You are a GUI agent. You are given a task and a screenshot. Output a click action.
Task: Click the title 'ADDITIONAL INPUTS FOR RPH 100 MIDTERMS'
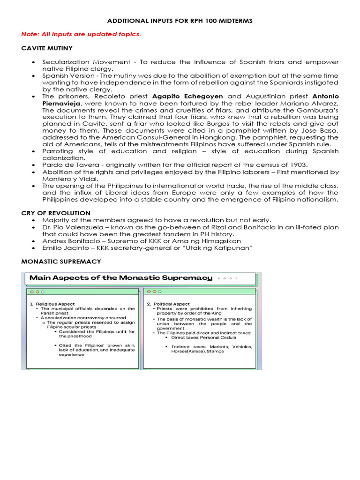pyautogui.click(x=180, y=22)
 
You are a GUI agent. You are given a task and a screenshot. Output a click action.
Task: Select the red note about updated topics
pyautogui.click(x=81, y=35)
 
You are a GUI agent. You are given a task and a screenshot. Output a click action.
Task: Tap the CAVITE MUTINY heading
pyautogui.click(x=47, y=48)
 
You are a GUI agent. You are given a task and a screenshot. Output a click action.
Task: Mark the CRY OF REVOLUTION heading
pyautogui.click(x=56, y=213)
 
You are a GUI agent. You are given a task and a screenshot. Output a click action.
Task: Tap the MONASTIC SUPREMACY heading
pyautogui.click(x=61, y=262)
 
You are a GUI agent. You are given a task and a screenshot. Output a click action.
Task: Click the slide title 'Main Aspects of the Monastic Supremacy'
pyautogui.click(x=121, y=278)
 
